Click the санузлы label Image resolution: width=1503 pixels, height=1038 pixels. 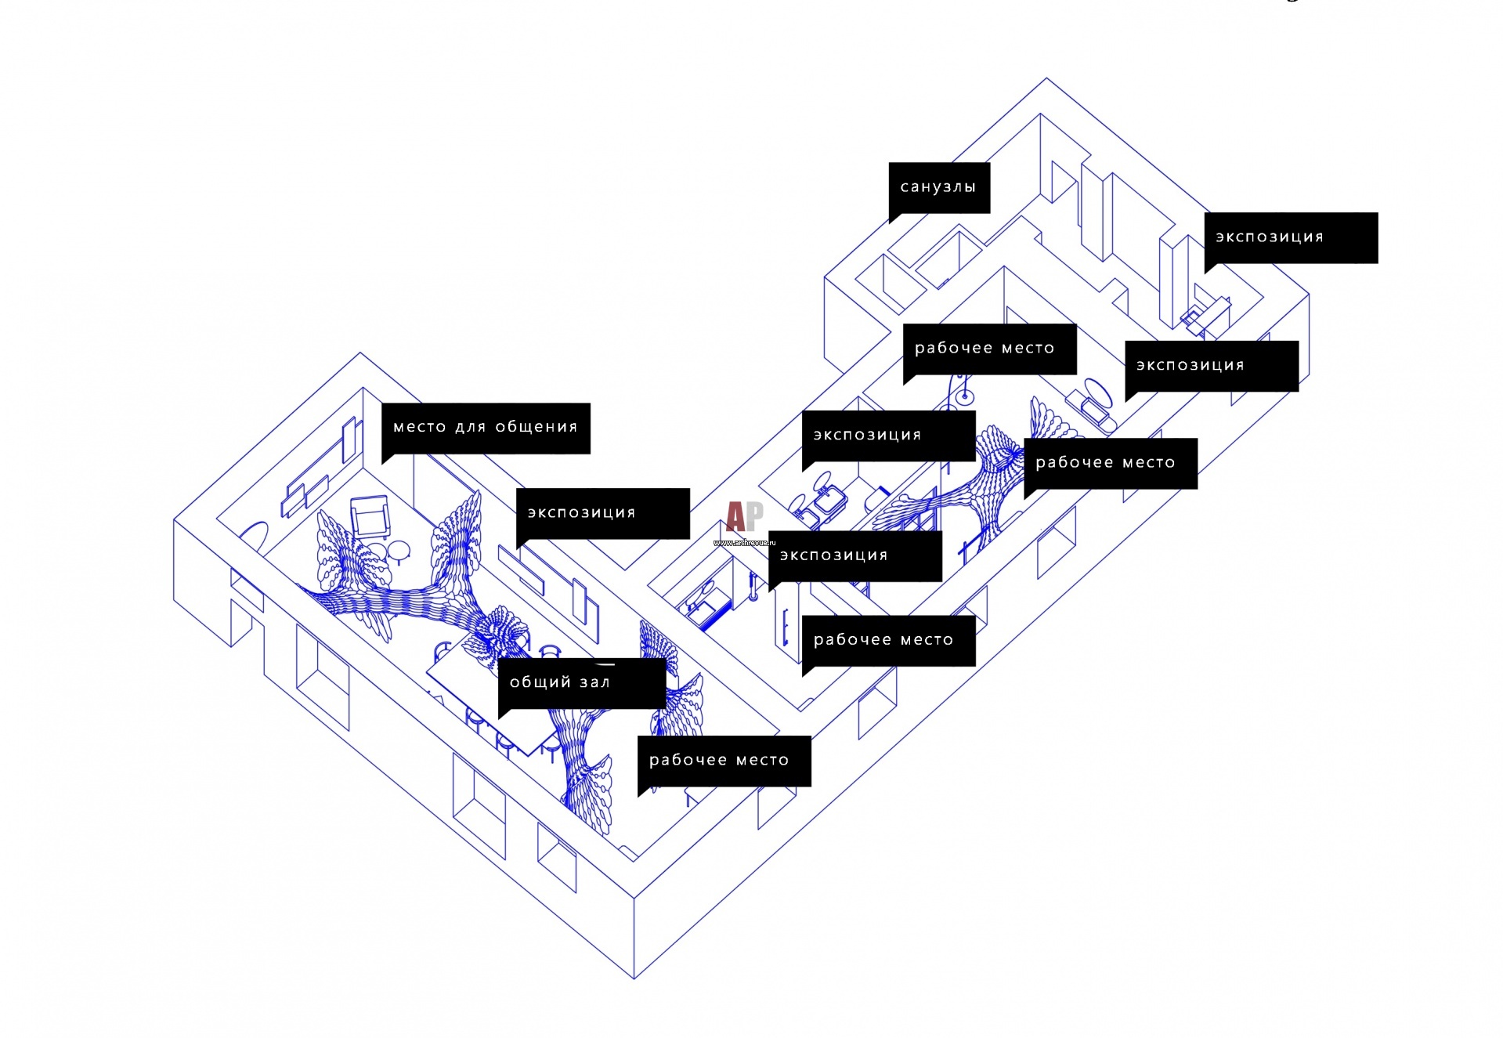pyautogui.click(x=938, y=187)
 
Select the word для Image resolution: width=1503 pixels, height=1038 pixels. pyautogui.click(x=471, y=427)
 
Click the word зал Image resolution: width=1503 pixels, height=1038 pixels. pyautogui.click(x=595, y=682)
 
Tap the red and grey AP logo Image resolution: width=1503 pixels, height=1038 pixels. pyautogui.click(x=743, y=516)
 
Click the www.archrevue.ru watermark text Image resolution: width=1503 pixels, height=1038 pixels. pyautogui.click(x=743, y=542)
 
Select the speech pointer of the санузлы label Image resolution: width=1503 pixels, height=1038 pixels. pyautogui.click(x=894, y=217)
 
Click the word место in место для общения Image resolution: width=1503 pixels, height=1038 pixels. pyautogui.click(x=419, y=427)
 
